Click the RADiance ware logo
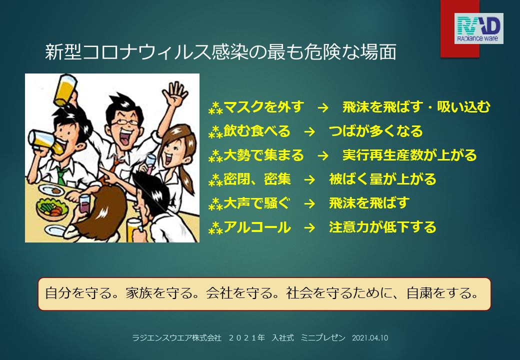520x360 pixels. pos(478,28)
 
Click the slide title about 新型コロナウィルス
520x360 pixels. pos(221,52)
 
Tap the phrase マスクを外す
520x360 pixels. pos(264,106)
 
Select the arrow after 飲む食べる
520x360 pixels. pos(309,131)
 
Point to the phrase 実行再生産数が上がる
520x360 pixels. pos(409,155)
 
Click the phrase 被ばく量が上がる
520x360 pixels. pos(382,179)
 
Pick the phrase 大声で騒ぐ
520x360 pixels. pos(257,203)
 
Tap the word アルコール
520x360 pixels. pos(257,227)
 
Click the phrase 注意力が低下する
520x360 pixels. pos(382,227)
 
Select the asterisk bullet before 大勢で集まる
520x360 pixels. pos(215,156)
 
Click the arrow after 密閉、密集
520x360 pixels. pos(309,180)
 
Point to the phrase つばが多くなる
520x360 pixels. pos(375,131)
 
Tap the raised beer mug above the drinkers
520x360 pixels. pos(65,90)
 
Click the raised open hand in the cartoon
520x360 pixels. pos(175,94)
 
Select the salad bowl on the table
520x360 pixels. pos(52,209)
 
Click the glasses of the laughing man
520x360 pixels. pos(125,122)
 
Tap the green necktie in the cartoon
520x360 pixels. pos(61,176)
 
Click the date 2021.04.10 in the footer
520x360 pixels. pos(370,338)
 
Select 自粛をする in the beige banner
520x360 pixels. pos(442,293)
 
